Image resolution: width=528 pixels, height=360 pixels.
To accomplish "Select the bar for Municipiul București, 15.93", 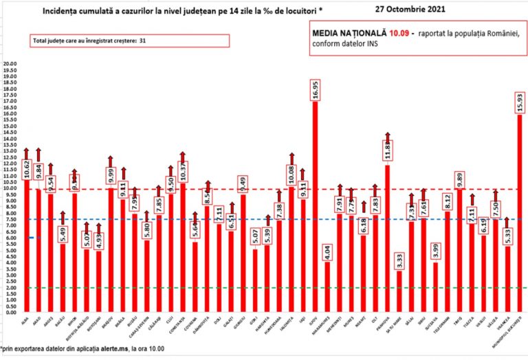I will pyautogui.click(x=519, y=213).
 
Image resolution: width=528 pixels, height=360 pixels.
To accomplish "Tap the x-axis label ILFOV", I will pyautogui.click(x=315, y=319).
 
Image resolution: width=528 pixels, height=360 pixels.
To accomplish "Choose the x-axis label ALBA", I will pyautogui.click(x=25, y=319).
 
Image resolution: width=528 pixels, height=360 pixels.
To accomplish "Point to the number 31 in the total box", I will pyautogui.click(x=142, y=41).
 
